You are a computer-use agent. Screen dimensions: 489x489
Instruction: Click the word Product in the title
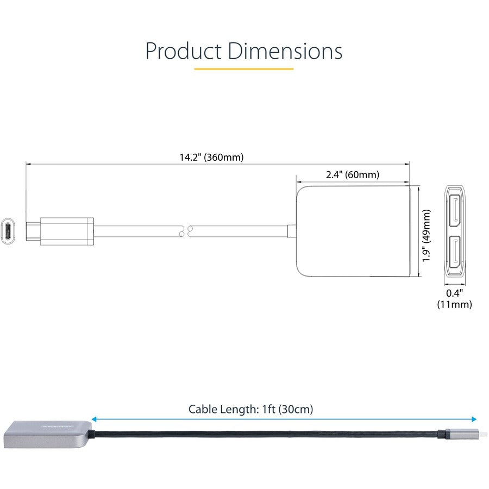183,51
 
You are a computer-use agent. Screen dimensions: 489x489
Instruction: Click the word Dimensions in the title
285,51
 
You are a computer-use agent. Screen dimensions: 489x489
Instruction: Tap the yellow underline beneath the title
244,69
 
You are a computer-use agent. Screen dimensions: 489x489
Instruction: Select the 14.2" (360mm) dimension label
212,158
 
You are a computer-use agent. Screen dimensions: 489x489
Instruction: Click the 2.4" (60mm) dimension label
353,175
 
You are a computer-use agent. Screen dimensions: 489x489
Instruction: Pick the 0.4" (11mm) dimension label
455,299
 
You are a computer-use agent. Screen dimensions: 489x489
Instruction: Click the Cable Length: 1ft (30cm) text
250,409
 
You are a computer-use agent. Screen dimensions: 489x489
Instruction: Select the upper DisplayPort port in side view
455,210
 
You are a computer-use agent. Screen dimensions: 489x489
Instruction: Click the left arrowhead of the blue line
95,419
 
